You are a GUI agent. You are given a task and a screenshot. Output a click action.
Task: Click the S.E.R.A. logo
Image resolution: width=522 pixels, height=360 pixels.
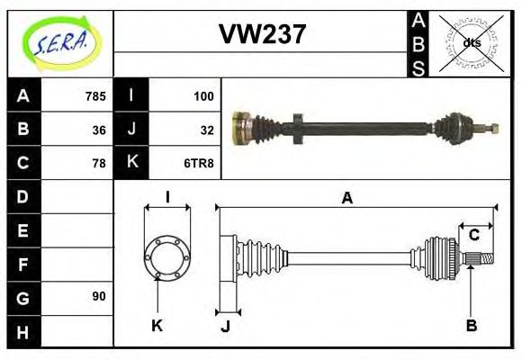click(x=60, y=43)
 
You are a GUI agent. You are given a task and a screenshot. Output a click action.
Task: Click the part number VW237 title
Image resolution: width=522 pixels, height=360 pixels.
click(x=262, y=34)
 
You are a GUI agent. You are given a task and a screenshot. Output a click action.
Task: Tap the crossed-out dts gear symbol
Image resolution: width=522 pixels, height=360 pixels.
click(x=471, y=43)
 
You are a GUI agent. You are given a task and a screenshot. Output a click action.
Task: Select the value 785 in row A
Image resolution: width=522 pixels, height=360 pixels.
click(x=94, y=95)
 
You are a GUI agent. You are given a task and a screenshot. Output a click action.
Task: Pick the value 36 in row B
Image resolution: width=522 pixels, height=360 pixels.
click(x=98, y=130)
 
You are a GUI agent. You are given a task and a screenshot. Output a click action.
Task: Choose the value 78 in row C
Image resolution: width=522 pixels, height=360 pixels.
click(x=98, y=163)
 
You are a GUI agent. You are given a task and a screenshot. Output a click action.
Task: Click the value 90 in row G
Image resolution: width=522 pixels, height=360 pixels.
click(x=98, y=296)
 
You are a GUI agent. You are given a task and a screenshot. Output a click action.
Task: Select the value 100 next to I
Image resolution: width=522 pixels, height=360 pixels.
click(x=202, y=95)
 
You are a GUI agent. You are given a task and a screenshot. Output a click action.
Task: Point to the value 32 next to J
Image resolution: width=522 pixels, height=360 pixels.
click(x=206, y=130)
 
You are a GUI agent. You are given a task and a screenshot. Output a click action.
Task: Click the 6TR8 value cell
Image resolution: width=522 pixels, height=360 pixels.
click(x=199, y=163)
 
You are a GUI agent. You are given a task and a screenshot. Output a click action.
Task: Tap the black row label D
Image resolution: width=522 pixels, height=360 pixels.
click(x=22, y=196)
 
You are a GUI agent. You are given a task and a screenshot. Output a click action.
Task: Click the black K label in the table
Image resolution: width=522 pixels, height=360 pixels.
click(x=131, y=163)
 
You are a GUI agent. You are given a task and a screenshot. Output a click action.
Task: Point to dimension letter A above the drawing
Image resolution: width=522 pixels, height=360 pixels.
click(x=346, y=198)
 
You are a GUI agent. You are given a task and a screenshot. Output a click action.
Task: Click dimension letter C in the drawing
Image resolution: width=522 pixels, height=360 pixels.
click(x=473, y=236)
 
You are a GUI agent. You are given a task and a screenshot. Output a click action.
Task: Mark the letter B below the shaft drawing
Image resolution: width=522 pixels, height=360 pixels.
click(x=471, y=325)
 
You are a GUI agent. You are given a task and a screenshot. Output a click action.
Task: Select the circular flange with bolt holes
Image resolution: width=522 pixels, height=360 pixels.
click(x=167, y=256)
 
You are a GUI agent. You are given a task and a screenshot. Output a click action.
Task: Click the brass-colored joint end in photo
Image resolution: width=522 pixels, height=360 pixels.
click(x=241, y=127)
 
